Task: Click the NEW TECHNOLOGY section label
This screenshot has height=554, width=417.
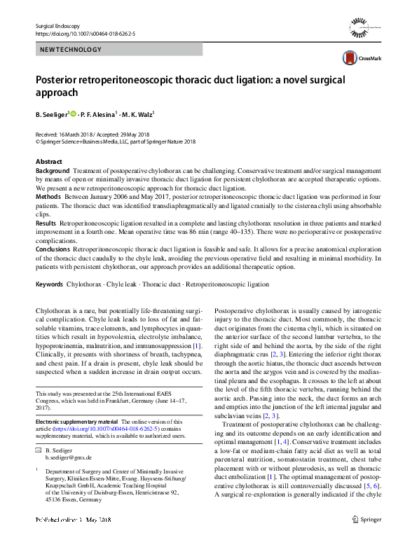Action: (x=71, y=50)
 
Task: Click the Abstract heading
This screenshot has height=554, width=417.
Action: (x=48, y=162)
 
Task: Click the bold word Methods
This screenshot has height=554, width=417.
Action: (x=48, y=198)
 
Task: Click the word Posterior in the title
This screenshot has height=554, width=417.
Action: (x=60, y=81)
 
